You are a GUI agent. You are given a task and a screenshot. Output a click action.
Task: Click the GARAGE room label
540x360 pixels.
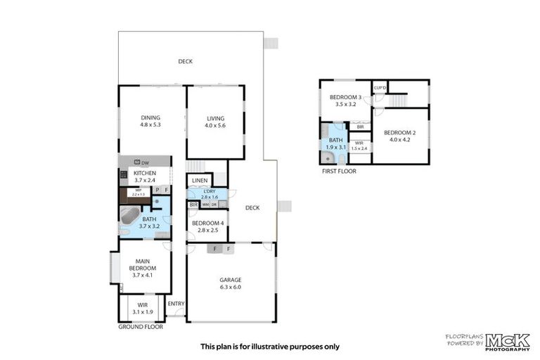(230, 279)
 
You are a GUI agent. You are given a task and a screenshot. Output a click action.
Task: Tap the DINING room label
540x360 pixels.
(150, 117)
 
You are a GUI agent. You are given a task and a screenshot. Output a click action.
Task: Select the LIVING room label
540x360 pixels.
(215, 117)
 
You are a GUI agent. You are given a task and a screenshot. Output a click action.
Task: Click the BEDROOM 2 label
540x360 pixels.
(400, 132)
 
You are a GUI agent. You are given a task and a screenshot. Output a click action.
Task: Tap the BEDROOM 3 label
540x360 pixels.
(346, 97)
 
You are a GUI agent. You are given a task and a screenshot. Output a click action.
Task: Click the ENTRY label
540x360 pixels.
(176, 304)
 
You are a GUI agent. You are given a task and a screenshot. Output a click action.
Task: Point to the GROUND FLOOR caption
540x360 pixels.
(141, 327)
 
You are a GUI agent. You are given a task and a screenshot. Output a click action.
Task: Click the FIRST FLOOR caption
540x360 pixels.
(339, 171)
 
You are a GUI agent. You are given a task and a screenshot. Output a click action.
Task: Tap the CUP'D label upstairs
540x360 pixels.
(380, 88)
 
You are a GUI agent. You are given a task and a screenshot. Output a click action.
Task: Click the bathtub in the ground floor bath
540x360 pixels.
(129, 215)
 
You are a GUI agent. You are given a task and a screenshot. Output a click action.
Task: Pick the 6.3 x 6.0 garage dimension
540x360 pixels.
(230, 287)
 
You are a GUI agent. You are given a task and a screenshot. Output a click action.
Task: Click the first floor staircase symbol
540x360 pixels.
(397, 101)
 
